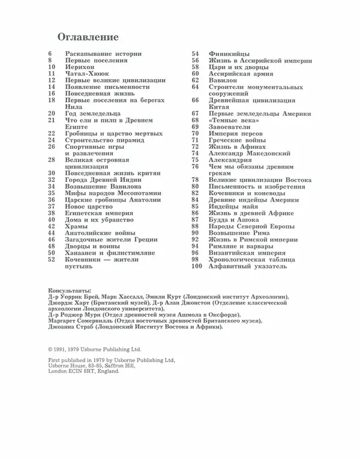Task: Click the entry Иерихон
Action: [x=81, y=67]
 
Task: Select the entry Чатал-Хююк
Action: [x=88, y=74]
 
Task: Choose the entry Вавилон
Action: [x=224, y=80]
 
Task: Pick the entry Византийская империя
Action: [x=245, y=252]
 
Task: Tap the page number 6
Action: [x=50, y=54]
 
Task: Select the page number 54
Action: [x=195, y=54]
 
